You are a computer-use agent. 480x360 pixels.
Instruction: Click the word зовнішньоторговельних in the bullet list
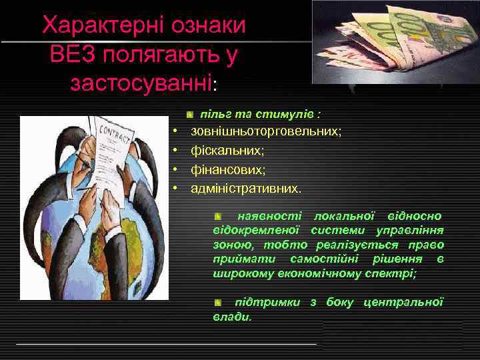[266, 132]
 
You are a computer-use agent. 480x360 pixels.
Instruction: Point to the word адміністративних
[245, 189]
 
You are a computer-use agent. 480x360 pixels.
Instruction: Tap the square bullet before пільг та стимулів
[190, 115]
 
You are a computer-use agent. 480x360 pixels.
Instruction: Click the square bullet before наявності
[218, 217]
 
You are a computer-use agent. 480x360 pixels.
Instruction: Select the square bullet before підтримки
[218, 303]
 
